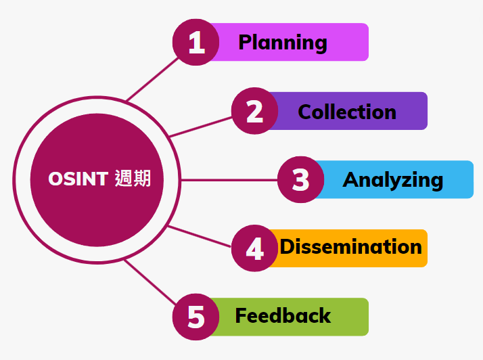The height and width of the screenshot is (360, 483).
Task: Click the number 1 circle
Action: click(196, 42)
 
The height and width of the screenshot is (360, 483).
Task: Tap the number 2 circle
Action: click(255, 111)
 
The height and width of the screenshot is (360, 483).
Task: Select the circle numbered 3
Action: click(300, 180)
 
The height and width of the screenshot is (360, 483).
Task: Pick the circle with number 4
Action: click(255, 248)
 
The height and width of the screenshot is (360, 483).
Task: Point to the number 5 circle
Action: click(196, 317)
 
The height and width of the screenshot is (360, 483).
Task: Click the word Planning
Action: click(283, 43)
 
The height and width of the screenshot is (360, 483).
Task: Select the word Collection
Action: click(347, 112)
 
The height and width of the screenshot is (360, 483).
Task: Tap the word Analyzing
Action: click(393, 180)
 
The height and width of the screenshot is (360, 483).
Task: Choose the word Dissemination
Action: click(351, 246)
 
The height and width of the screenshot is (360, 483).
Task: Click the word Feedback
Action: click(283, 315)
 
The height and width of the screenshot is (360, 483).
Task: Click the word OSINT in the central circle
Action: click(78, 179)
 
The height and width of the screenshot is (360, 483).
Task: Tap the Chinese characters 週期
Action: click(133, 179)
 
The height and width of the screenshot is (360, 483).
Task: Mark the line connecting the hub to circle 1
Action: click(152, 79)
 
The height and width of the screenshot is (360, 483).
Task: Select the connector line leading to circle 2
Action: click(200, 127)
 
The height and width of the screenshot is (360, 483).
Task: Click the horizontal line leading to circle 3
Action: click(229, 180)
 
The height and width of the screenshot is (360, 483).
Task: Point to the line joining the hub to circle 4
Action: click(200, 236)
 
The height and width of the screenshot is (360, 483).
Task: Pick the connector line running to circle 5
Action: click(150, 282)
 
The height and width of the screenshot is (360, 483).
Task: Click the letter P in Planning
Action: click(246, 42)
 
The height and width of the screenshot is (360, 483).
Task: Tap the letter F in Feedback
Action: click(241, 315)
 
